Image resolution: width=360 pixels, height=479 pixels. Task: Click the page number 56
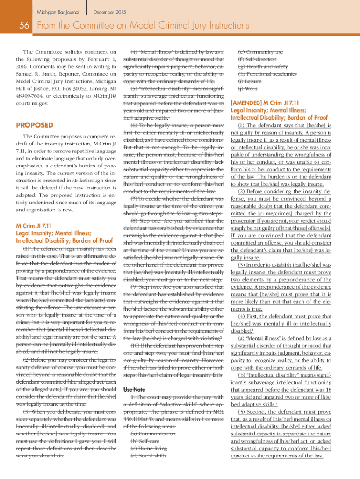(22, 27)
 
